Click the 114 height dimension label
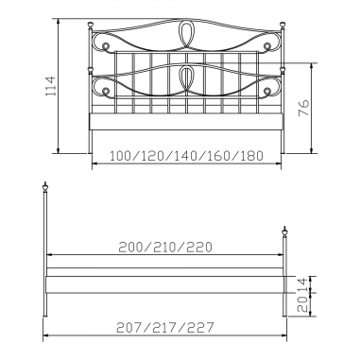point(51,86)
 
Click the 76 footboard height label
point(303,108)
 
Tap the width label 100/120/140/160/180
point(186,156)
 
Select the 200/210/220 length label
point(165,248)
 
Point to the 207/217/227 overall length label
point(165,327)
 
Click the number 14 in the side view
point(302,285)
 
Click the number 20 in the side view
point(302,304)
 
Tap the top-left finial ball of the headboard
point(91,25)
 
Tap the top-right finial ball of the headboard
point(283,25)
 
